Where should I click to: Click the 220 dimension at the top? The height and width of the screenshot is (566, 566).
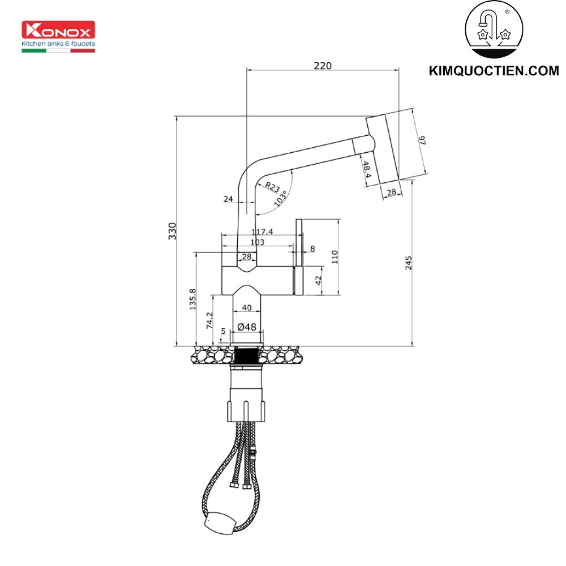coord(322,65)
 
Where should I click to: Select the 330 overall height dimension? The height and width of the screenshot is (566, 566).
coord(173,231)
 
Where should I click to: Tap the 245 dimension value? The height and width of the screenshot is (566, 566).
coord(409,263)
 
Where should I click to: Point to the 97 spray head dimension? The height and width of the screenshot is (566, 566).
coord(423,141)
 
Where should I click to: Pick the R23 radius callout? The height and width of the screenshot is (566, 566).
coord(272,187)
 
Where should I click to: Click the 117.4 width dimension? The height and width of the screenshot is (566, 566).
coord(262,231)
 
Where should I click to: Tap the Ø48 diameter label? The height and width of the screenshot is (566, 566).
coord(247,327)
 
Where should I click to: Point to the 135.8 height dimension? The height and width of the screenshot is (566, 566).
coord(192,299)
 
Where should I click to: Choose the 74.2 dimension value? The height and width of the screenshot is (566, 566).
coord(209,320)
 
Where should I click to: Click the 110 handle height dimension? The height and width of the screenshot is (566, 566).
coord(335,257)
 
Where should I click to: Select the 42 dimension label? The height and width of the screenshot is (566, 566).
coord(318,280)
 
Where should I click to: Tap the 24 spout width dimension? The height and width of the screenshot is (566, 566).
coord(229,199)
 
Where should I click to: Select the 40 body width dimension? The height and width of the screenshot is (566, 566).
coord(246,308)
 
